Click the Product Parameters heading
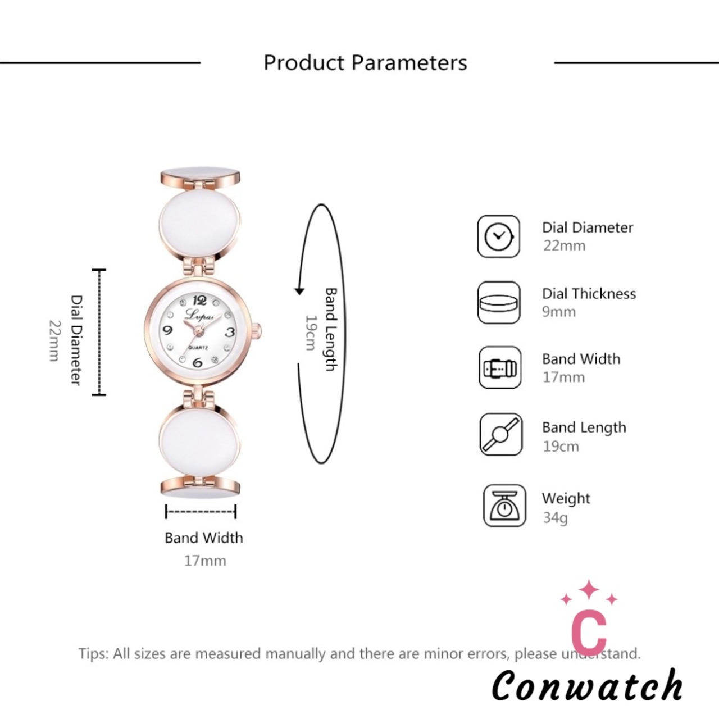[365, 63]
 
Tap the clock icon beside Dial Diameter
[498, 236]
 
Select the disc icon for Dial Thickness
[499, 302]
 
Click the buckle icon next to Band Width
[500, 367]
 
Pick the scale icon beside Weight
[504, 506]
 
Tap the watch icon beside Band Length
[500, 434]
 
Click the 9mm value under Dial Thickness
[558, 312]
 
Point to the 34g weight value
[555, 518]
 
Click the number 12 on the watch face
[200, 299]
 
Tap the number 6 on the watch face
[198, 362]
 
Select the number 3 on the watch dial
[230, 331]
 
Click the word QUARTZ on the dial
[198, 348]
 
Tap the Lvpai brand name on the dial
[199, 315]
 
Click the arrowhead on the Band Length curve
[299, 291]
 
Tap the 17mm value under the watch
[205, 561]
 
